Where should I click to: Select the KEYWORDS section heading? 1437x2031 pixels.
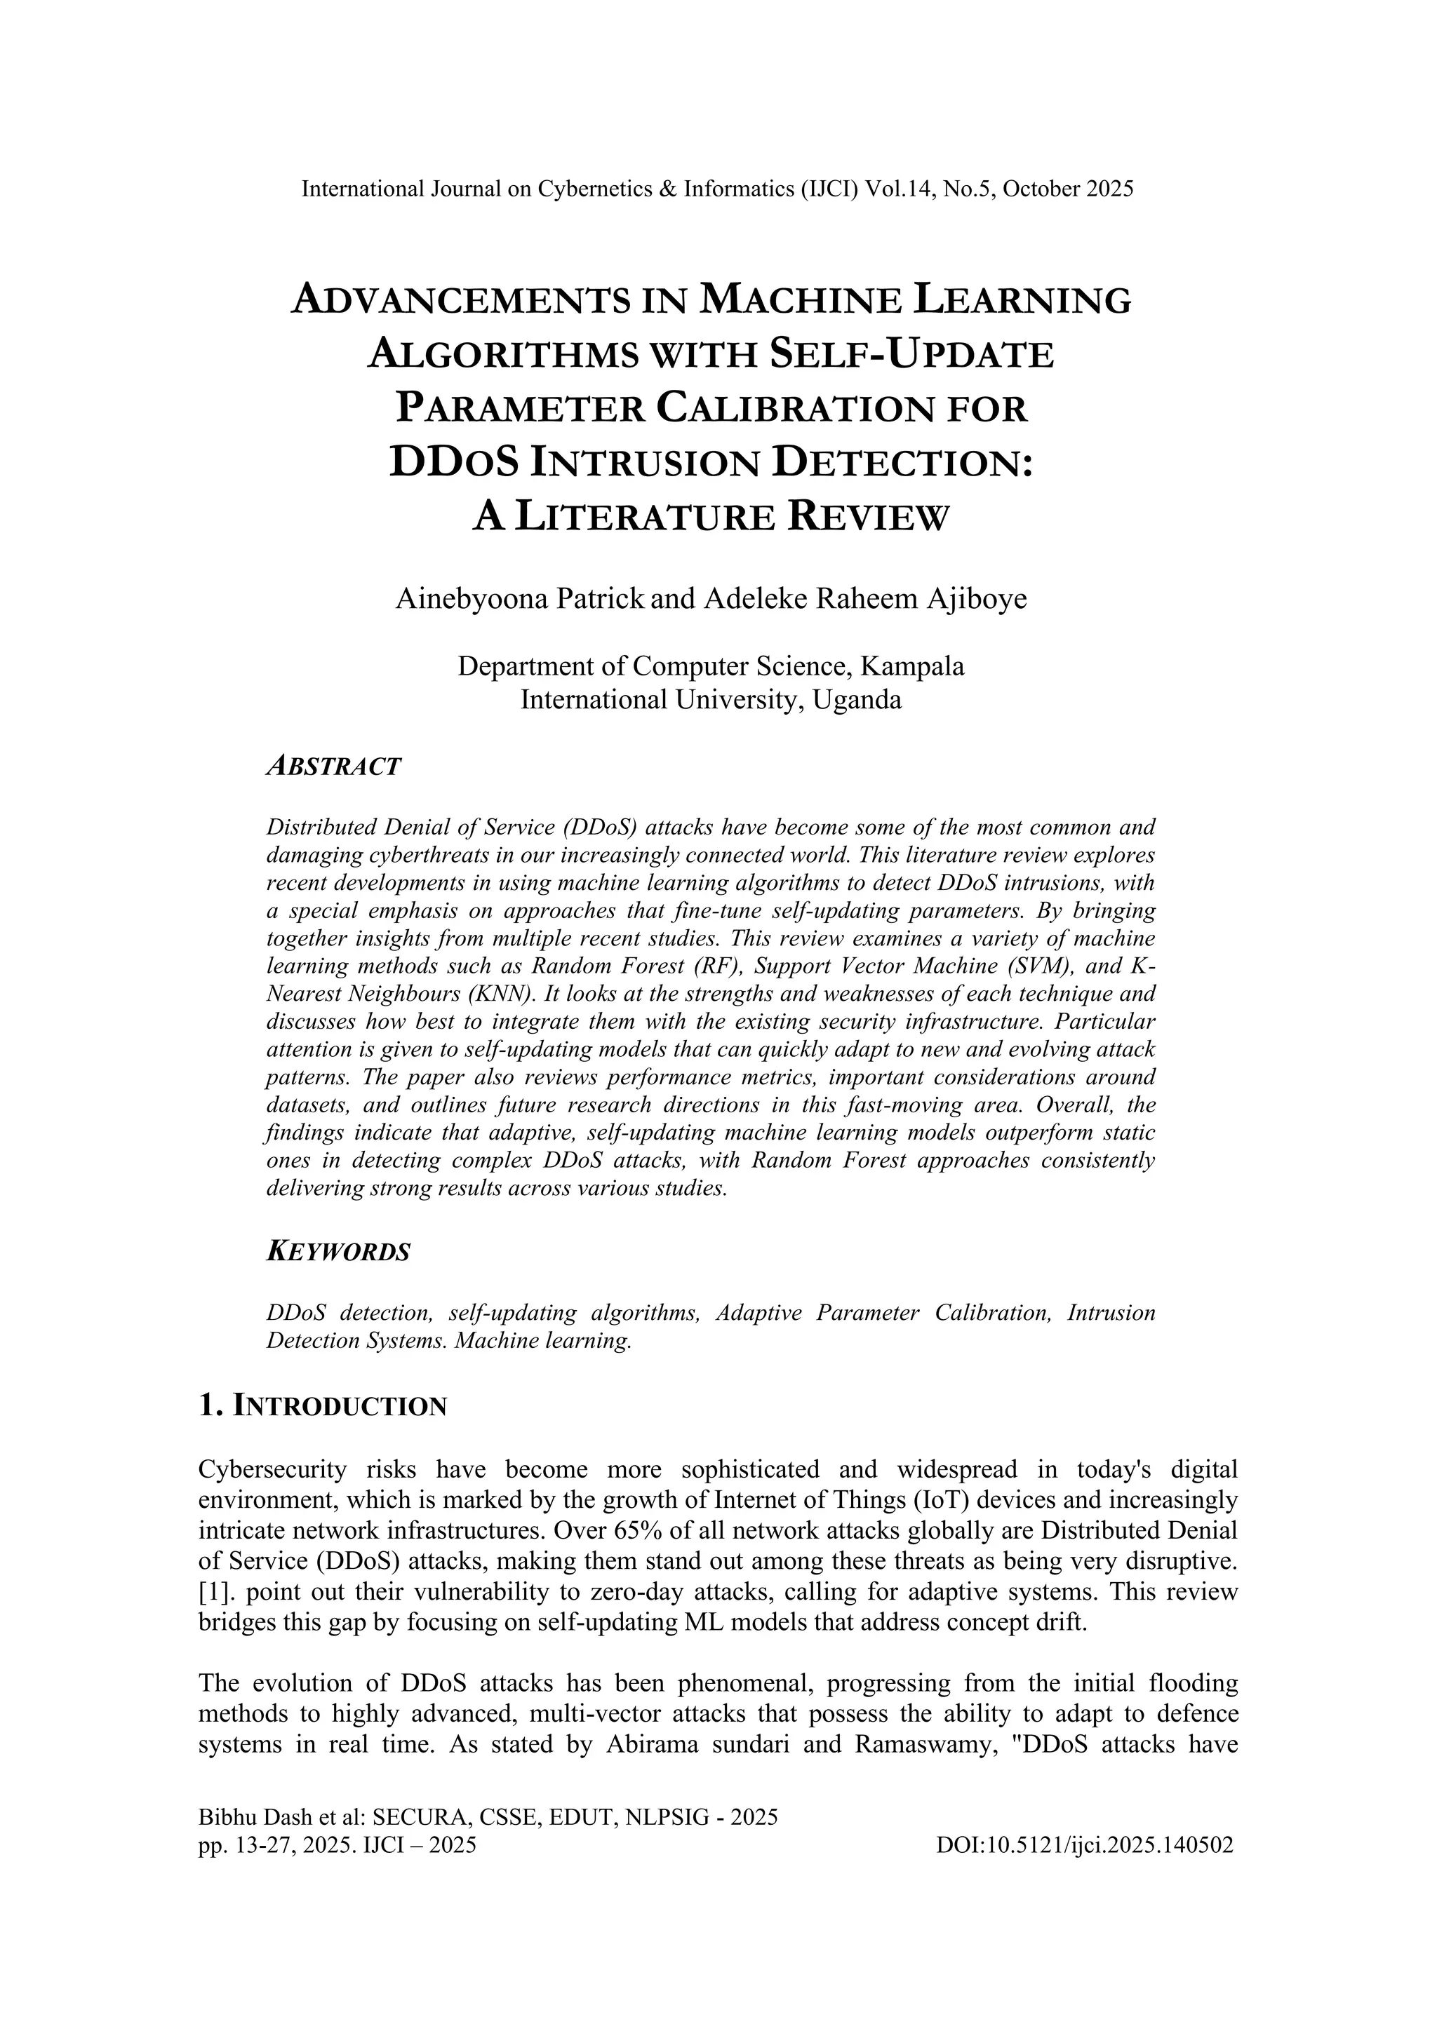(338, 1252)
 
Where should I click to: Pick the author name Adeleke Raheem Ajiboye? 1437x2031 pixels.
(864, 599)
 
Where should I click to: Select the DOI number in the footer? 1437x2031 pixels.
(1083, 1844)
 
